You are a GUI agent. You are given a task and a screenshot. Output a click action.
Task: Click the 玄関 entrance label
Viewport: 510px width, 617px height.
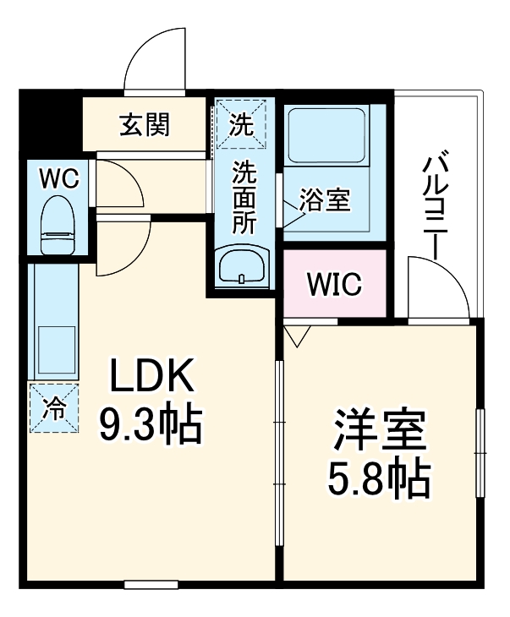[145, 125]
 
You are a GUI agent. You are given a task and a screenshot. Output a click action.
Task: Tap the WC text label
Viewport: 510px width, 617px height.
[59, 178]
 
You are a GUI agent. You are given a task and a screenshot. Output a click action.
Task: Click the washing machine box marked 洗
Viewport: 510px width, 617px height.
[240, 124]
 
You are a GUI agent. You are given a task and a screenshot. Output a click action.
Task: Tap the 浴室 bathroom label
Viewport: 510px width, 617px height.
[324, 203]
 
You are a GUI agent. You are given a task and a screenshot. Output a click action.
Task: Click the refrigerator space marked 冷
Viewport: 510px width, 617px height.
[54, 408]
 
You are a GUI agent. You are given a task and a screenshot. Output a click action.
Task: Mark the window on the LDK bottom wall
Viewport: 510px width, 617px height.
[151, 584]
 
